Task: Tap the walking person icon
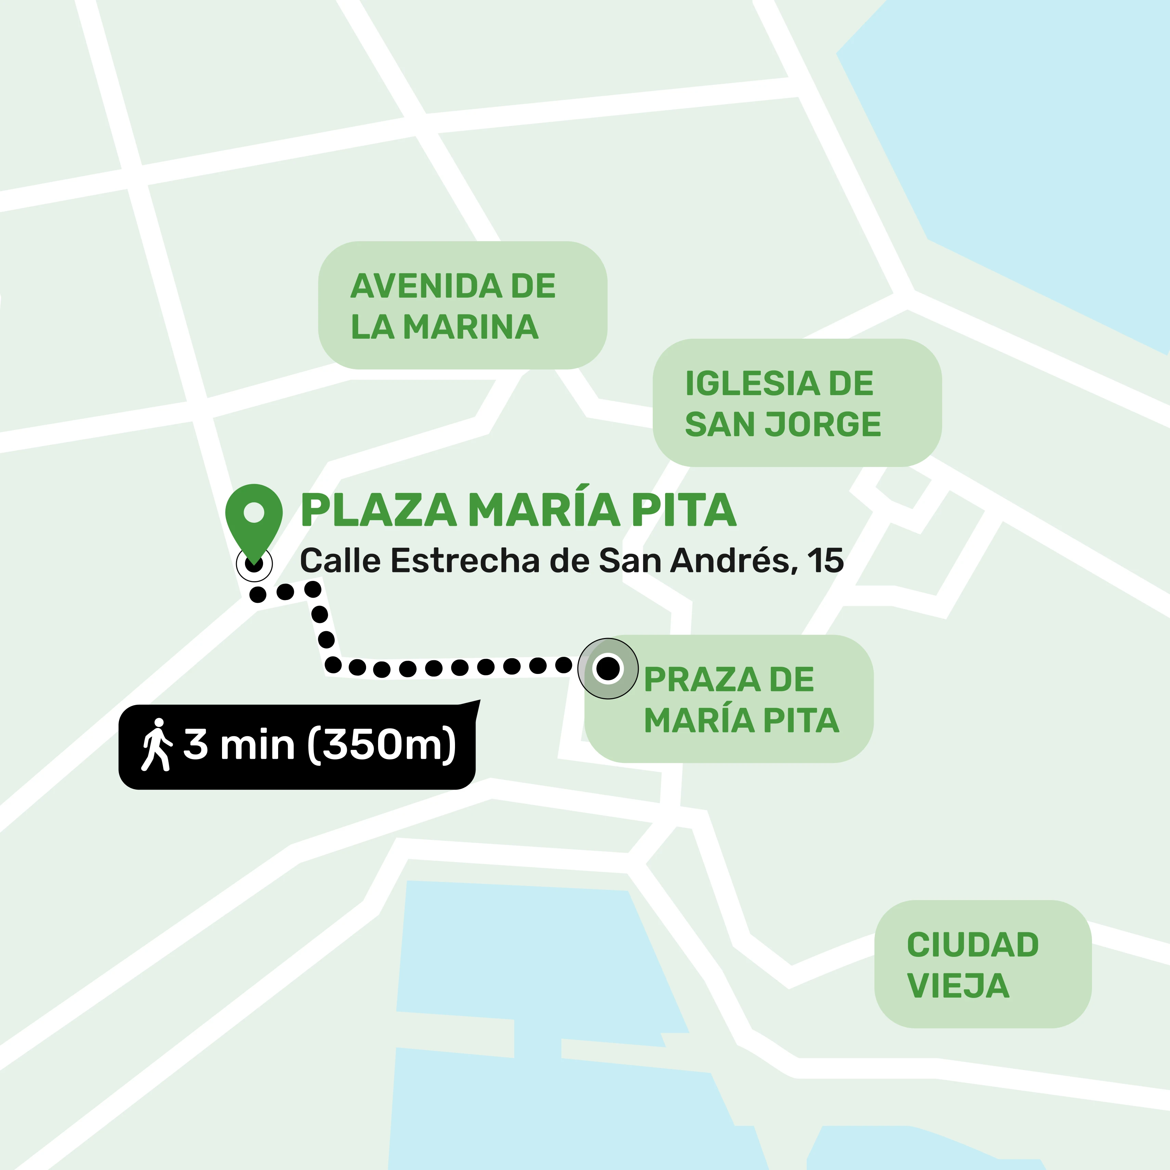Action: point(157,744)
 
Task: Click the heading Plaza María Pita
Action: point(518,510)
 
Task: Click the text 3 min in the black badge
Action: point(238,744)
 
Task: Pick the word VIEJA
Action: point(958,986)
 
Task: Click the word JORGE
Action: point(823,424)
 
